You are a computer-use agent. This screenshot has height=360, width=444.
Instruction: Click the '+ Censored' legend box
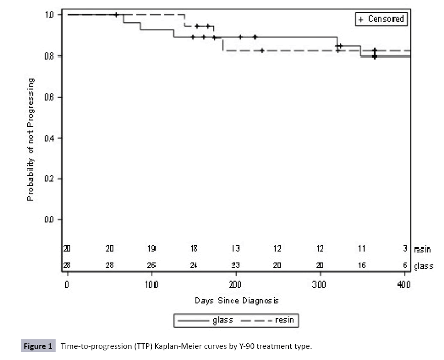(381, 19)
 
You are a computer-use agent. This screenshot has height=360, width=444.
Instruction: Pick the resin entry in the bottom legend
(273, 320)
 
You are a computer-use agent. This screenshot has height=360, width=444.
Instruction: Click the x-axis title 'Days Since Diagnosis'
(237, 300)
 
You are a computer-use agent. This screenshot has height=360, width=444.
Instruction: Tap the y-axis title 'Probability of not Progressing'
(31, 140)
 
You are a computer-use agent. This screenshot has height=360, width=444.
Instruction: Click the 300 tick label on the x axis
(320, 284)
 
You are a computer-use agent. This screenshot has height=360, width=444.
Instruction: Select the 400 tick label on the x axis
(404, 284)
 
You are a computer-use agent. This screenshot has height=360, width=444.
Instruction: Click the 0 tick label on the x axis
(67, 284)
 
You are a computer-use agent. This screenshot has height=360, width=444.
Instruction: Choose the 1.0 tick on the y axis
(49, 15)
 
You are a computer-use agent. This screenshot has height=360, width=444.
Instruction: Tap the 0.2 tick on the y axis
(49, 178)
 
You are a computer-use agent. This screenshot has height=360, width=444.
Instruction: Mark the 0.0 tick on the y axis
(49, 219)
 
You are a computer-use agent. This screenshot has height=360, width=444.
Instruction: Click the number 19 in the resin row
(152, 249)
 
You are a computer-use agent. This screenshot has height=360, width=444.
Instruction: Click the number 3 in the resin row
(405, 249)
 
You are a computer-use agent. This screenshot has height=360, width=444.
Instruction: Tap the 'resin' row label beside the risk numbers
(422, 249)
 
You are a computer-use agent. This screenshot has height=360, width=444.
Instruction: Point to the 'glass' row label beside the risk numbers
(423, 266)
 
